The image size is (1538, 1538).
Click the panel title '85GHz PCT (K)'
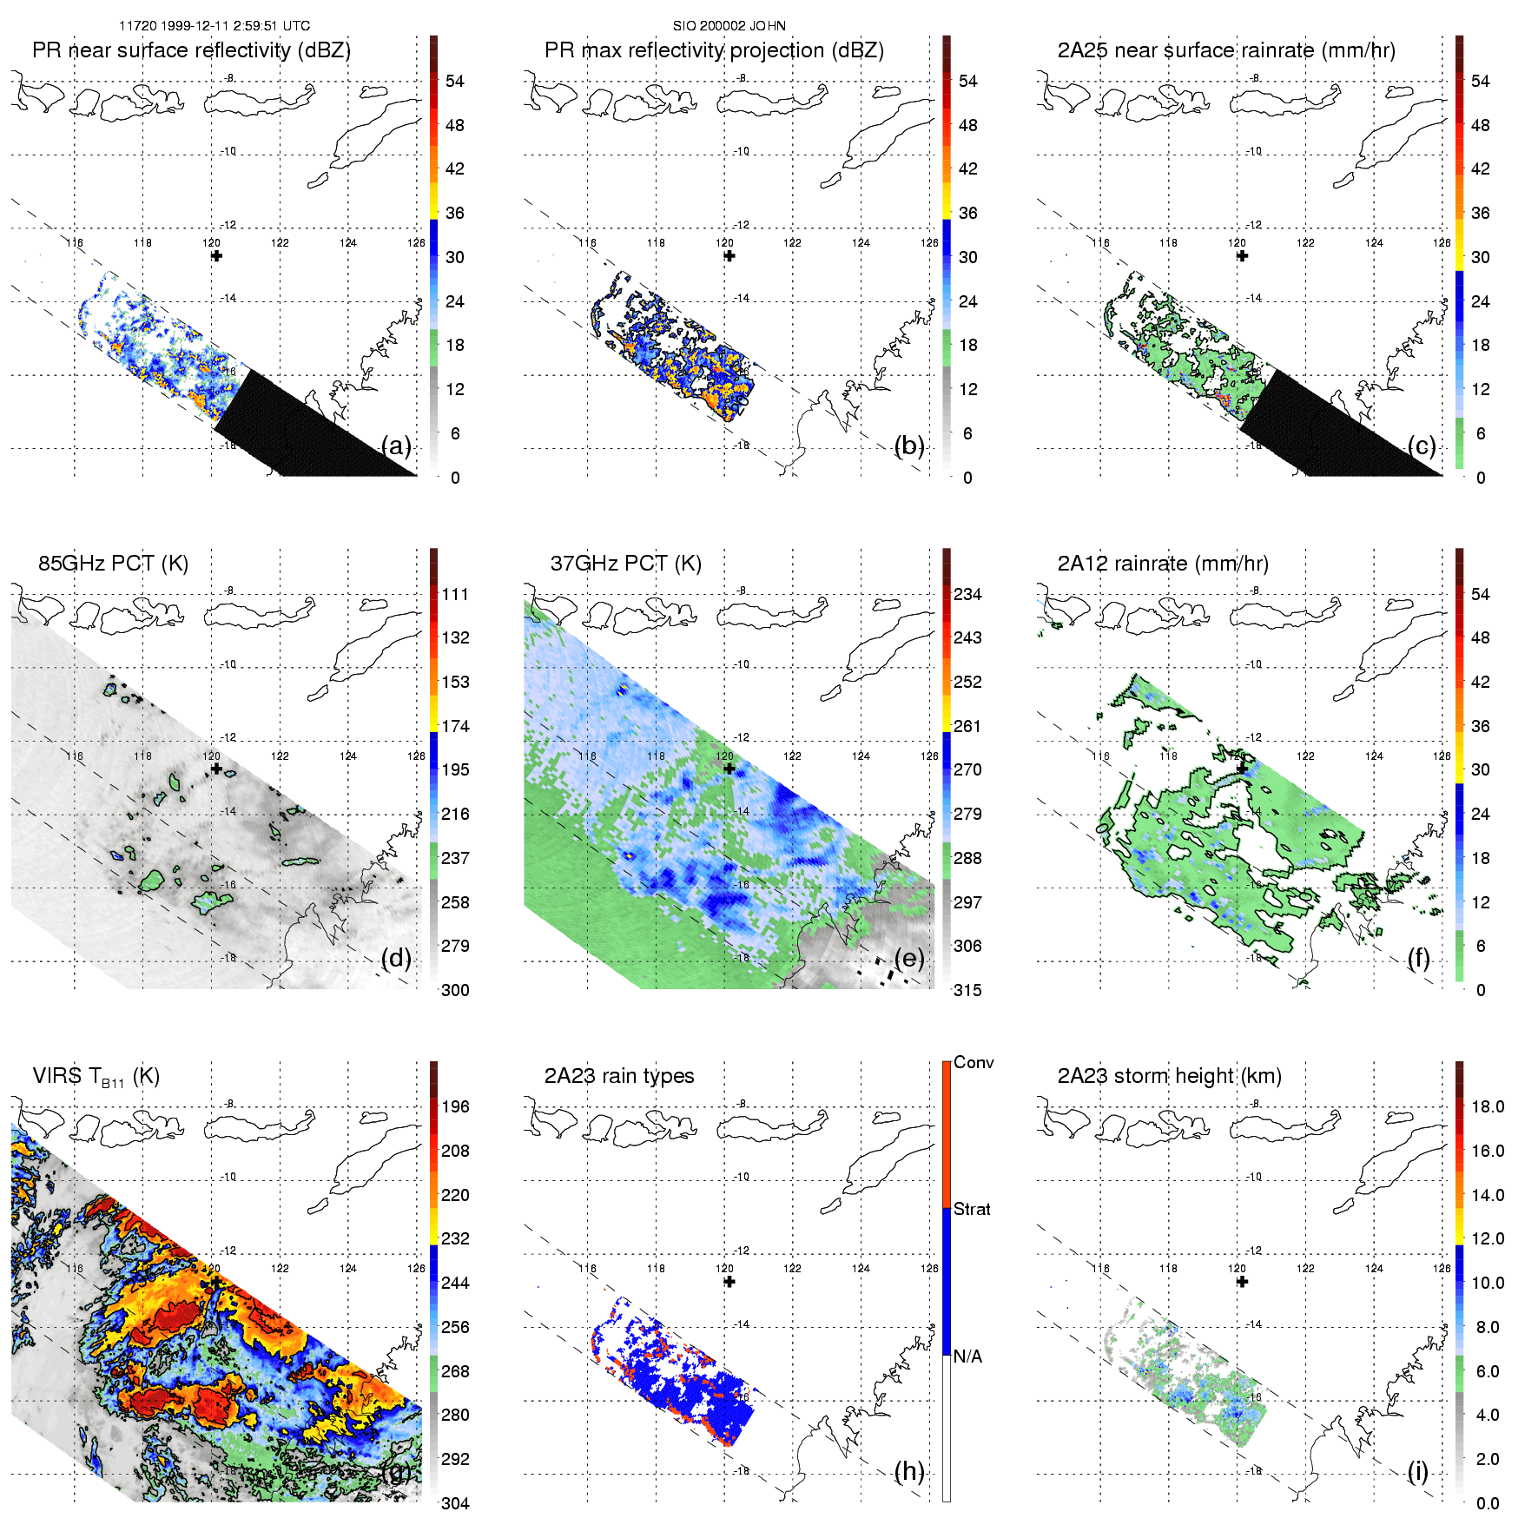pos(113,564)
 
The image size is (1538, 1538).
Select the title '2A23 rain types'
pos(619,1076)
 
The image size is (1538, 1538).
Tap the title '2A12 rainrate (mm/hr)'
pos(1162,564)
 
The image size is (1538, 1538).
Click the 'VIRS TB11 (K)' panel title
pos(96,1077)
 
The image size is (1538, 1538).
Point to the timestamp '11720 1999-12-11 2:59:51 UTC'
pos(215,26)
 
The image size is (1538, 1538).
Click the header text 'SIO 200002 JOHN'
pos(729,26)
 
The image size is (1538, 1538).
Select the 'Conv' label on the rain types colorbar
pos(974,1062)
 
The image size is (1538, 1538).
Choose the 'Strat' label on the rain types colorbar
pos(972,1209)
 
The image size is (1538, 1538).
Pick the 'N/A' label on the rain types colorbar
pos(967,1356)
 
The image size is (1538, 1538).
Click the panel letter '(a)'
pos(396,446)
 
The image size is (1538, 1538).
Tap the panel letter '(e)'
pos(909,959)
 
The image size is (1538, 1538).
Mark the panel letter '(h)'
pos(909,1471)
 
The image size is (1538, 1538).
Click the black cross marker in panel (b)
pos(729,256)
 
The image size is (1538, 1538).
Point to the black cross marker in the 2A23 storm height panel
pos(1242,1282)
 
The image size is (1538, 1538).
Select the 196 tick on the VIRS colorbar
pos(455,1106)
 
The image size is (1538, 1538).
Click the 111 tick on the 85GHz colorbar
pos(455,594)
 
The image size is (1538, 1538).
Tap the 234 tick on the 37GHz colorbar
pos(967,594)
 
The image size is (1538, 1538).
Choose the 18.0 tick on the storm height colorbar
pos(1487,1106)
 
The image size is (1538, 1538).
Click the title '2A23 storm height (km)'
pos(1169,1076)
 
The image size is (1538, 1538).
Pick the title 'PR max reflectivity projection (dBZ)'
pos(714,50)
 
